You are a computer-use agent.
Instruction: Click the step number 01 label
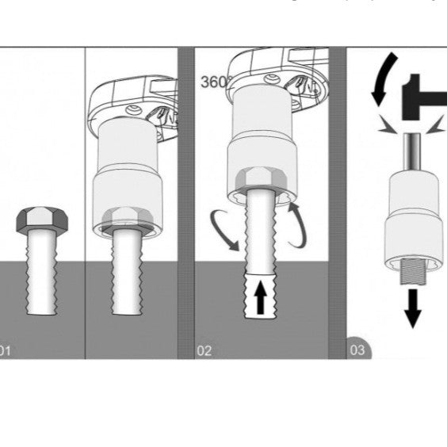[x=6, y=350]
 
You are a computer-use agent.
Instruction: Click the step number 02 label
[x=204, y=350]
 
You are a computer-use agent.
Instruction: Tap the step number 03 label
[x=359, y=349]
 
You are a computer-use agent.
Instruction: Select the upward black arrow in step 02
[x=261, y=300]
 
